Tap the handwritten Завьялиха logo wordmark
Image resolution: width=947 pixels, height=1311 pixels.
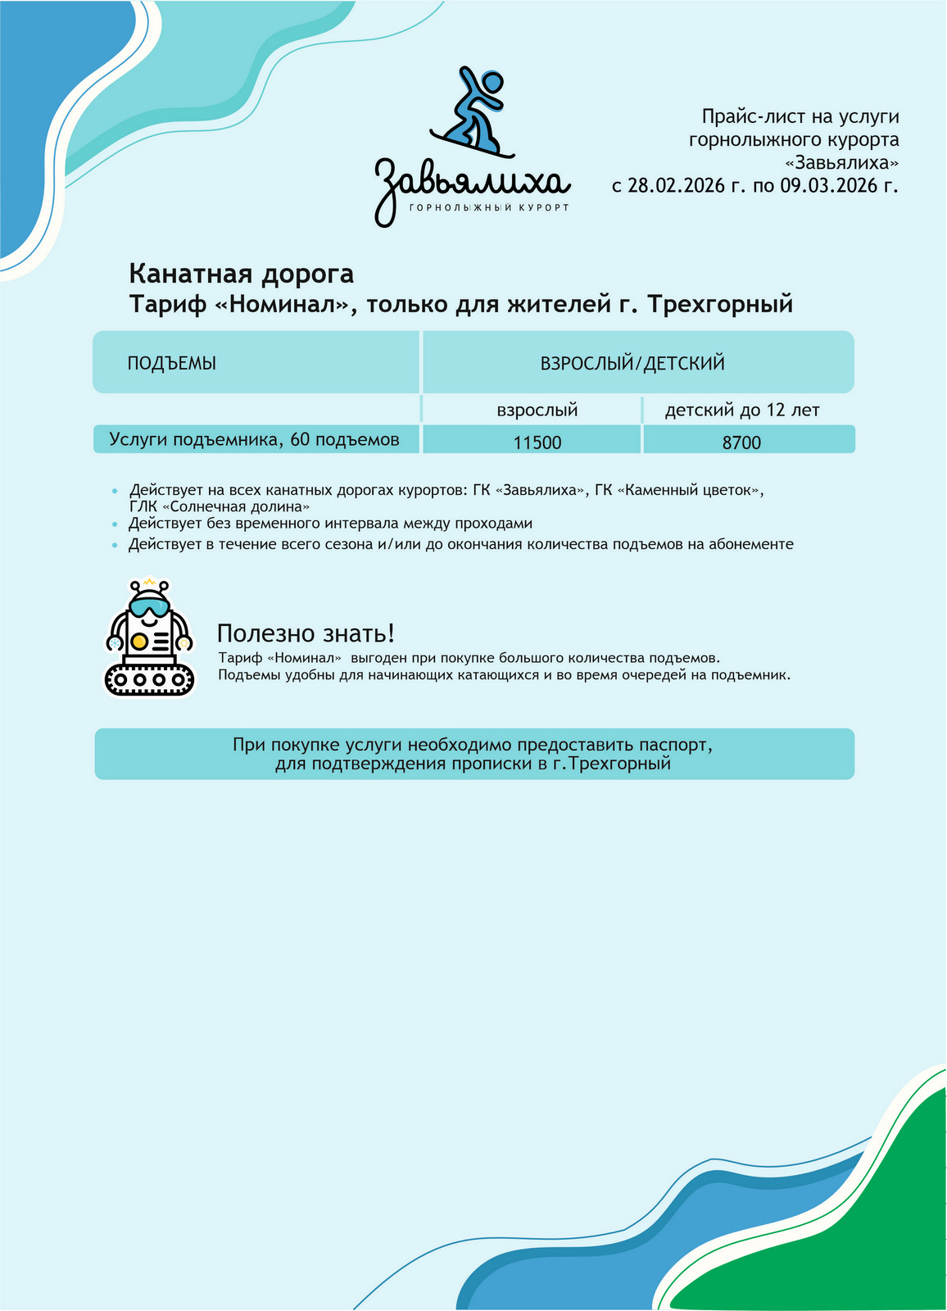pos(472,185)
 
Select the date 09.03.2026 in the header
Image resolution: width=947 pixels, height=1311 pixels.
pos(828,186)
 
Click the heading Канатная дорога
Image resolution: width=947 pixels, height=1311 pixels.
pos(242,274)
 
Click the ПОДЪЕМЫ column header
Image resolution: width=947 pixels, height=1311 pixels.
pos(171,364)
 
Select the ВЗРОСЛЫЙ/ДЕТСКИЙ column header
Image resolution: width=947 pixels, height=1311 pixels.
pos(632,364)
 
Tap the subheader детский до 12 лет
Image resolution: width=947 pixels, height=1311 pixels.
pos(742,410)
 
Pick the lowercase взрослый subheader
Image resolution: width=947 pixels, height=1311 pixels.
pos(537,410)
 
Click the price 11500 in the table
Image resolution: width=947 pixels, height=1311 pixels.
pos(537,443)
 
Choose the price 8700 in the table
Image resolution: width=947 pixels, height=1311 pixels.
pos(741,443)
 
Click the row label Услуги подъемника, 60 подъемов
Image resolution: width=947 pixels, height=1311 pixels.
pos(255,440)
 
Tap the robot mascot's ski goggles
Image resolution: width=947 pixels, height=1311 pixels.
pos(150,608)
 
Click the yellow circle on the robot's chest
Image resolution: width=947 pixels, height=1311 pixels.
pos(139,640)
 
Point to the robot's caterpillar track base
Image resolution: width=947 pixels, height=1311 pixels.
pos(151,678)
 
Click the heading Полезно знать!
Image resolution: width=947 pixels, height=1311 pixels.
pos(306,633)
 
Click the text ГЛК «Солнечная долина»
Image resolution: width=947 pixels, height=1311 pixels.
pos(220,507)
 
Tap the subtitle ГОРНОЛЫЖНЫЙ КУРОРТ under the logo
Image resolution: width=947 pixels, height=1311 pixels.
pos(488,208)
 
